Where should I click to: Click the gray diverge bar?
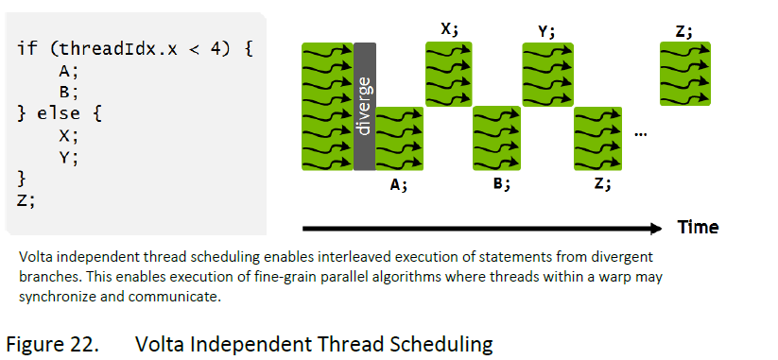[365, 107]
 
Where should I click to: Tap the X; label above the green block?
[450, 29]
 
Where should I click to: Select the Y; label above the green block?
[546, 32]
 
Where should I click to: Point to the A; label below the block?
[398, 185]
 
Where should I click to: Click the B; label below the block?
[502, 184]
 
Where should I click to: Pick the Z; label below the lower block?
[602, 184]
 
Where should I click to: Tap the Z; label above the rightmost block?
[683, 31]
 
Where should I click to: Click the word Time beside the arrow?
[698, 227]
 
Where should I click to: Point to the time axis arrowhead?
[655, 228]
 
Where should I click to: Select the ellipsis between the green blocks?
[640, 134]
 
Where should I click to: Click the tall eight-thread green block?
[327, 107]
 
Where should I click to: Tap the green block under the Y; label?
[547, 75]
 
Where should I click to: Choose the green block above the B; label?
[496, 138]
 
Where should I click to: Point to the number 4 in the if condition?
[216, 49]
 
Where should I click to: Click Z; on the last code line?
[26, 200]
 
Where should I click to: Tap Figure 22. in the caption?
[52, 344]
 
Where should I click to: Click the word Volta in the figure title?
[159, 343]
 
